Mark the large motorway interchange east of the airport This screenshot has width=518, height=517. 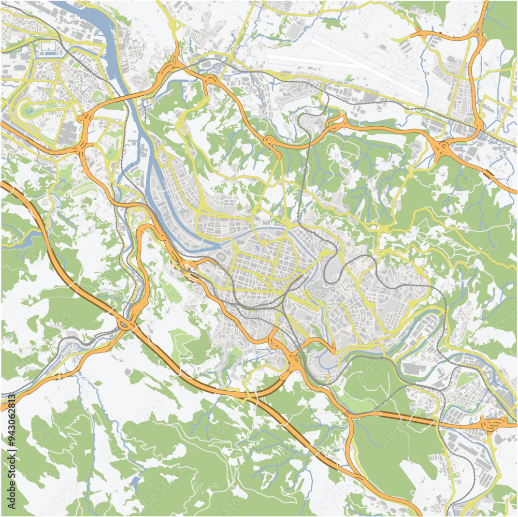click(x=443, y=150)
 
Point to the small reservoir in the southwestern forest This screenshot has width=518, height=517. click(x=136, y=484)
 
